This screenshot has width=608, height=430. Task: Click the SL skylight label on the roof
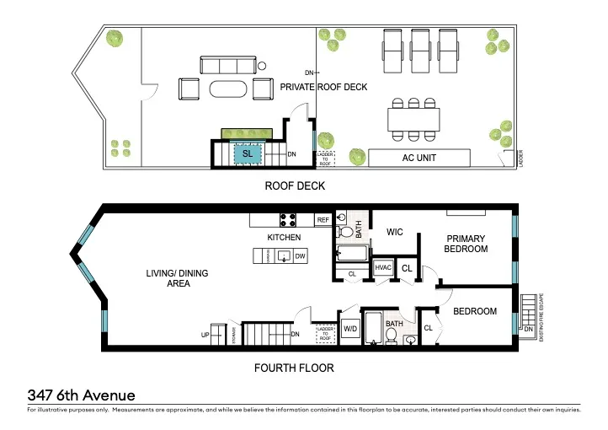[248, 154]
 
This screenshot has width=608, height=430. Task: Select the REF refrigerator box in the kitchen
[323, 220]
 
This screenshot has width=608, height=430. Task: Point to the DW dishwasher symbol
[300, 255]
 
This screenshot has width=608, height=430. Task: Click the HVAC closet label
[383, 268]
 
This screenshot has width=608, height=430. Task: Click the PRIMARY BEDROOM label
[467, 244]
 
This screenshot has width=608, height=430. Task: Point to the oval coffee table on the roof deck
[229, 89]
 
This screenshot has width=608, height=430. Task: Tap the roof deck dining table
[413, 119]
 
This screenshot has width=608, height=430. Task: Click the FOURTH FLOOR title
[294, 368]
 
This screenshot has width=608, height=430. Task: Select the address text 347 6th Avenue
[81, 395]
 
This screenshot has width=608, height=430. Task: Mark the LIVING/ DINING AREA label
[187, 279]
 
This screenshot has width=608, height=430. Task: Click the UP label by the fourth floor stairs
[205, 335]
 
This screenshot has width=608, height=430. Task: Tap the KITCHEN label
[284, 238]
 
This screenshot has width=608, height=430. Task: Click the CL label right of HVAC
[406, 269]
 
